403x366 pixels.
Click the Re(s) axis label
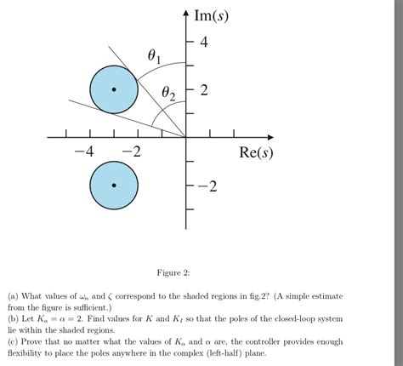256,153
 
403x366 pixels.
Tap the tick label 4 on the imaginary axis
203,42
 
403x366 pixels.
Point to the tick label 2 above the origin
203,89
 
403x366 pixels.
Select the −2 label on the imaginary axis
207,186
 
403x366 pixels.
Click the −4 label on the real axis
84,153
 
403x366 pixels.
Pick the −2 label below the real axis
131,153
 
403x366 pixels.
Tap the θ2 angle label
169,95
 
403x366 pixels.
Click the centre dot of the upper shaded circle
114,89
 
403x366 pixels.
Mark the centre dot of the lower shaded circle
114,185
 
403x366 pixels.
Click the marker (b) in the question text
14,318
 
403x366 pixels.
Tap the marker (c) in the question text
14,340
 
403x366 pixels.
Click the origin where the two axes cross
185,136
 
